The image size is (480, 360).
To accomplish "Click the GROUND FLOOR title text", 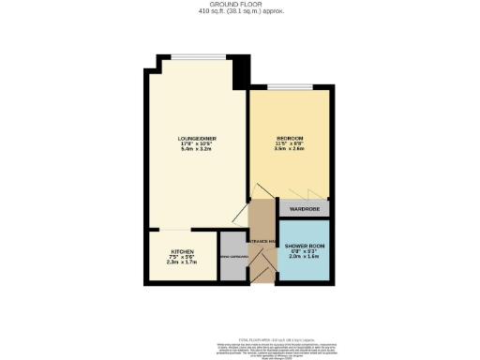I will coord(239,5).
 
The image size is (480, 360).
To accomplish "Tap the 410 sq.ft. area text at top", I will coord(239,12).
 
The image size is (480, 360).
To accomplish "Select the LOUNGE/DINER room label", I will coord(198,140).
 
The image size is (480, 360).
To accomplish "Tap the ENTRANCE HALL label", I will coord(262,243).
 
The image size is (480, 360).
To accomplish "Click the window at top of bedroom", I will coord(289,86).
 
